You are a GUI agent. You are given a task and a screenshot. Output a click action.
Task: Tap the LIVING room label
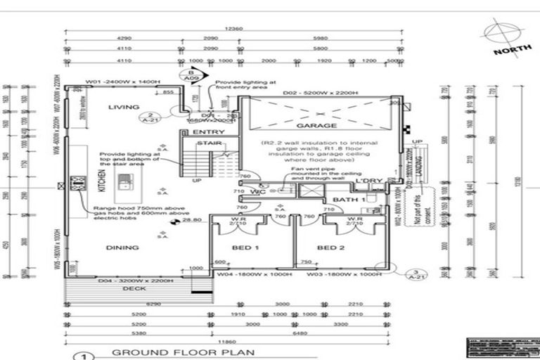point(124,107)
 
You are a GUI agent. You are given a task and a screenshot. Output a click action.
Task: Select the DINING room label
point(122,247)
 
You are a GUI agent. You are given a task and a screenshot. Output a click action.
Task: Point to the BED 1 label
point(246,248)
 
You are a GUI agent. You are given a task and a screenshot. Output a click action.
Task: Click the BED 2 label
point(329,248)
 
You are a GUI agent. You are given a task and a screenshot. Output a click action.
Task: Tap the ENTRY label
point(208,132)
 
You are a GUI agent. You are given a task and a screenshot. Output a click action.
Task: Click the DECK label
point(134,288)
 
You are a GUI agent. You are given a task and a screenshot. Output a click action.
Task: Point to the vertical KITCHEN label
point(101,185)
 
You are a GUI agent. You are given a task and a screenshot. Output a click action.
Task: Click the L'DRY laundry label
point(368,181)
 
